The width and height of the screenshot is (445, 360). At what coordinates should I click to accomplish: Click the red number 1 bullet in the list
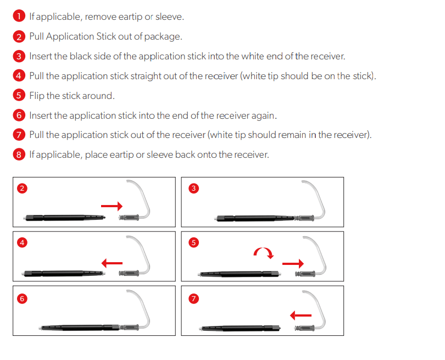[19, 16]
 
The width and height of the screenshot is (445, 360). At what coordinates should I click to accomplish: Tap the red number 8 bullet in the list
[19, 154]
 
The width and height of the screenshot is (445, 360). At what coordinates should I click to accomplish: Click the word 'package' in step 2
[162, 36]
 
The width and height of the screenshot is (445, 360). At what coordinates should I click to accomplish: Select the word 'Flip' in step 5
[37, 96]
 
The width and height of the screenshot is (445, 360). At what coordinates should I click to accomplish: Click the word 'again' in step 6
[263, 115]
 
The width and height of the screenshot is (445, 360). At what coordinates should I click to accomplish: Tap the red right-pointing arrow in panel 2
[112, 205]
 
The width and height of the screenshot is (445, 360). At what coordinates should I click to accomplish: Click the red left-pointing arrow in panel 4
[112, 263]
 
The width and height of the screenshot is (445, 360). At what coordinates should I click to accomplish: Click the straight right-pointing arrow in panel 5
[292, 264]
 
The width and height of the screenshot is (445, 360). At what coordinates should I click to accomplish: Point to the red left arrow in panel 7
[301, 315]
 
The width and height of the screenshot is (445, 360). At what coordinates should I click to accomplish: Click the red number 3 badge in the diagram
[193, 189]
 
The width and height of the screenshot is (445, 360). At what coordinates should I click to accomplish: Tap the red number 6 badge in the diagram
[22, 298]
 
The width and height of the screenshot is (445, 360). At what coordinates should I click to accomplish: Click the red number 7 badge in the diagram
[193, 298]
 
